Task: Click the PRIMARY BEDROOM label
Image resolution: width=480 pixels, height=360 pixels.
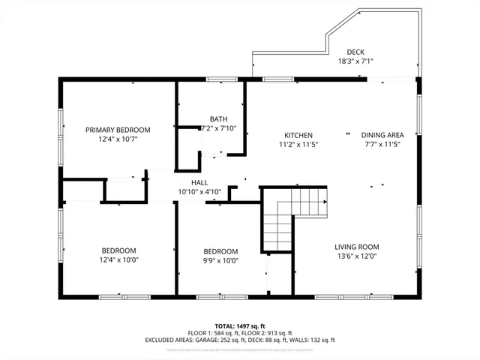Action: coord(118,130)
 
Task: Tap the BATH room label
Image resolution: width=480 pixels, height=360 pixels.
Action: coord(218,119)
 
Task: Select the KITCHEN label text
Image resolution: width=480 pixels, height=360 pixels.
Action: coord(298,135)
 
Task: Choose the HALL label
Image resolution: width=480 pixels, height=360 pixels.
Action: coord(199,183)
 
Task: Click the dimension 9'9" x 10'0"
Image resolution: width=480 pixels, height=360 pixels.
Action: coord(220,260)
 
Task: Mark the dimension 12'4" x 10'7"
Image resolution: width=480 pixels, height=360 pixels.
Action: coord(118,139)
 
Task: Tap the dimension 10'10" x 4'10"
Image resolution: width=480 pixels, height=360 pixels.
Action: coord(199,192)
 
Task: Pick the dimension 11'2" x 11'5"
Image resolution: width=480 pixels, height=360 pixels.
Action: coord(298,144)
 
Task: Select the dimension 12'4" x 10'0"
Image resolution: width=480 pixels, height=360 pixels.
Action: coord(118,259)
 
